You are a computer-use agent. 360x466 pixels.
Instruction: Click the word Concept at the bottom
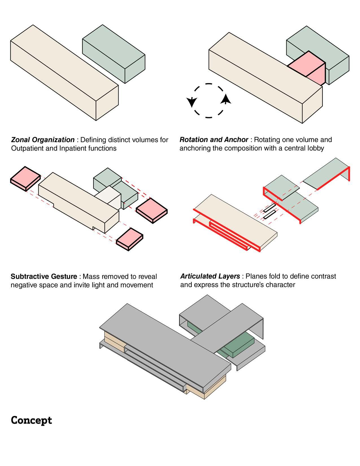coord(31,421)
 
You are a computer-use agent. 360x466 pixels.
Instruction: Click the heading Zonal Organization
coord(43,140)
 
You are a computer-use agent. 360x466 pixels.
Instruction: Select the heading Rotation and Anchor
coord(214,140)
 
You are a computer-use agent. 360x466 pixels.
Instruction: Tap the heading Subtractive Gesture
coord(44,276)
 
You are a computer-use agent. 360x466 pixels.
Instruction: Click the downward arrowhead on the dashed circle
coord(191,102)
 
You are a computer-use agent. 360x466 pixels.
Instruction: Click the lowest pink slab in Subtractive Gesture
coord(130,239)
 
